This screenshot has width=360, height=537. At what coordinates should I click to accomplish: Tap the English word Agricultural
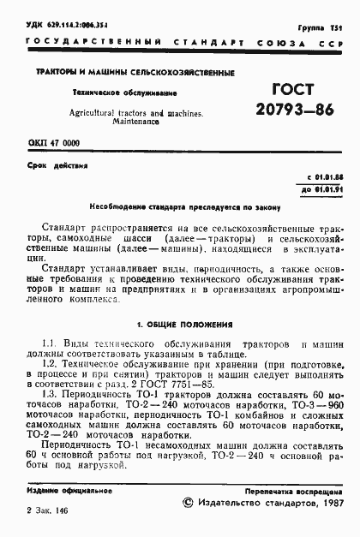tap(80, 112)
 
